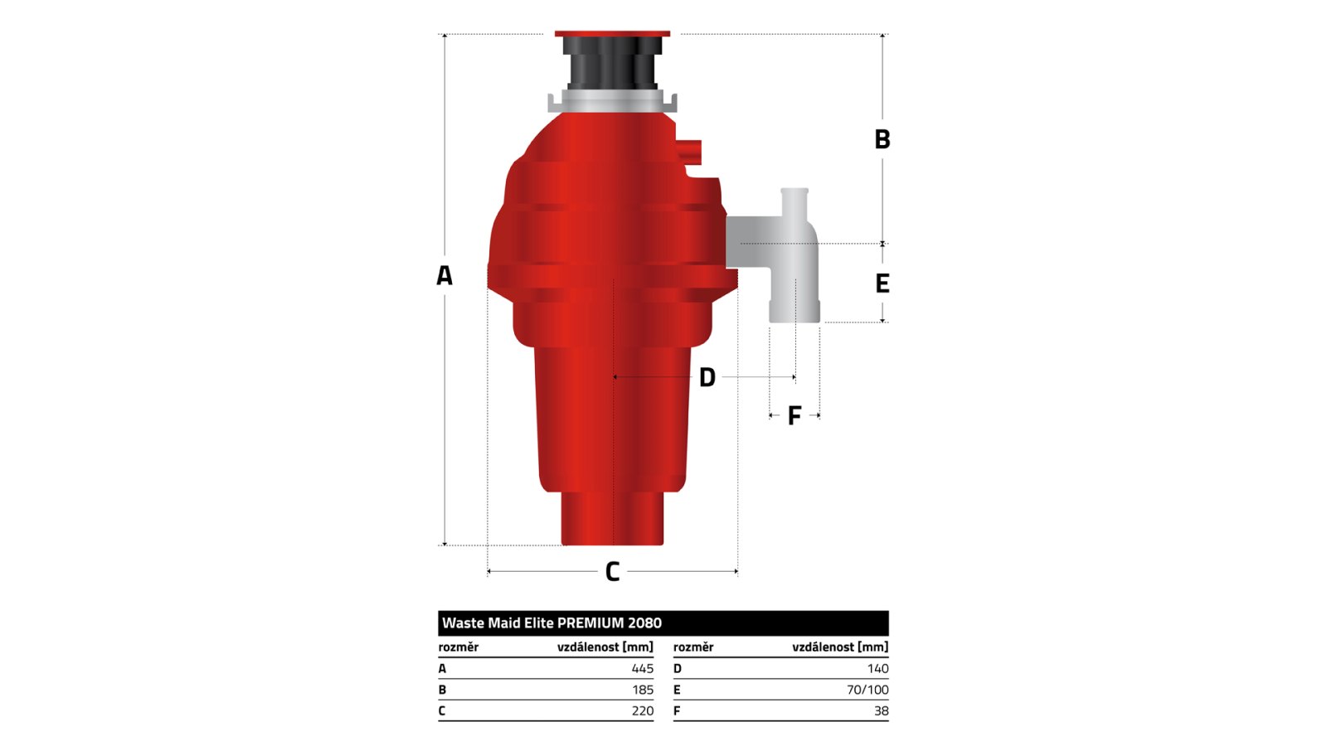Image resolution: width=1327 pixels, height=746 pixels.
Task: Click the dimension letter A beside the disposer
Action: pos(445,275)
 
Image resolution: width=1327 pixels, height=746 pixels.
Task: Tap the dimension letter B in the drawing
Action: pos(882,139)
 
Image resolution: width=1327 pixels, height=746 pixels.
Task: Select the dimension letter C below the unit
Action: pos(612,571)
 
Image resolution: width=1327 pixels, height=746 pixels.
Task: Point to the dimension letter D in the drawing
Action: pos(707,377)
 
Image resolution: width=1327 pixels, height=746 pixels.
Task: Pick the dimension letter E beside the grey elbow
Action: pos(882,283)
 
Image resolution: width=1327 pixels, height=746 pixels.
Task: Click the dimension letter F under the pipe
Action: pos(795,415)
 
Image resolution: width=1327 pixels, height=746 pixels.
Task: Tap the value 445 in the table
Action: pos(642,668)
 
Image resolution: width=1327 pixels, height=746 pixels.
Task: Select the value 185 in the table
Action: pos(642,690)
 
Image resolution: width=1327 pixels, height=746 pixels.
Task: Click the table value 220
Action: pos(642,710)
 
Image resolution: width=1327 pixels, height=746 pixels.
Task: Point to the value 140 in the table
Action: pos(878,668)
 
